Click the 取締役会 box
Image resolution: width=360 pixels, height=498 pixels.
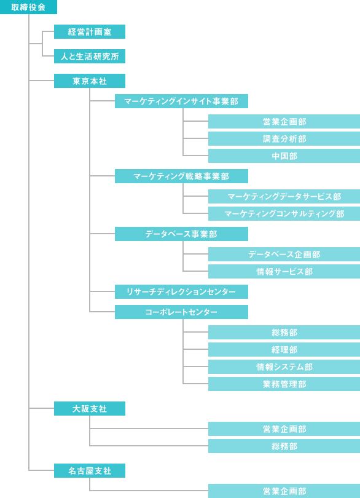(x=29, y=7)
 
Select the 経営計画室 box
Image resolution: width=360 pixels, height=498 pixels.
(x=90, y=32)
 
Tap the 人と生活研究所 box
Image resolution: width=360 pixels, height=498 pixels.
(x=90, y=56)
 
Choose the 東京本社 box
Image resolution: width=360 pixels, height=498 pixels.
(x=90, y=81)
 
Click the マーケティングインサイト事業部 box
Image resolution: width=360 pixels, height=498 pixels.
(x=181, y=101)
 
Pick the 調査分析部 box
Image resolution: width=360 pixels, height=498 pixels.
(x=284, y=139)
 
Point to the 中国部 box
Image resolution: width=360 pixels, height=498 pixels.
(x=284, y=156)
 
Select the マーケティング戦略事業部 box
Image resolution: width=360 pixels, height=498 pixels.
(x=181, y=176)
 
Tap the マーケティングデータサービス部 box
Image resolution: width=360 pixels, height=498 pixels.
(x=284, y=197)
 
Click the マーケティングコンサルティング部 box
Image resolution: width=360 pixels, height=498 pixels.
(x=284, y=214)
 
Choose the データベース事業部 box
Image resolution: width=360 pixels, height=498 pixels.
(x=181, y=234)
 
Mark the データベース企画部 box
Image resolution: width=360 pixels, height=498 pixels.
(x=284, y=255)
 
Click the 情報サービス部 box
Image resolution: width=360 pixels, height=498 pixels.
(x=284, y=272)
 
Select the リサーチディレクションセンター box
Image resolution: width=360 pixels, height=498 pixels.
(x=181, y=292)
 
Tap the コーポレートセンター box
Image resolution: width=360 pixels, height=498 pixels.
(x=181, y=312)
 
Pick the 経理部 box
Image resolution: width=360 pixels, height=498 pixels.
(x=284, y=350)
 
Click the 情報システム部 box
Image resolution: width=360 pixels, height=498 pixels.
(x=284, y=367)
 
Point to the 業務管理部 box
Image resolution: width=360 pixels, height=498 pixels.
(x=284, y=384)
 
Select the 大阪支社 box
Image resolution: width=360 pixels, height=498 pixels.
(x=90, y=409)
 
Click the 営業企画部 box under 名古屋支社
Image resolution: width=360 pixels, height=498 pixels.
(x=284, y=491)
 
